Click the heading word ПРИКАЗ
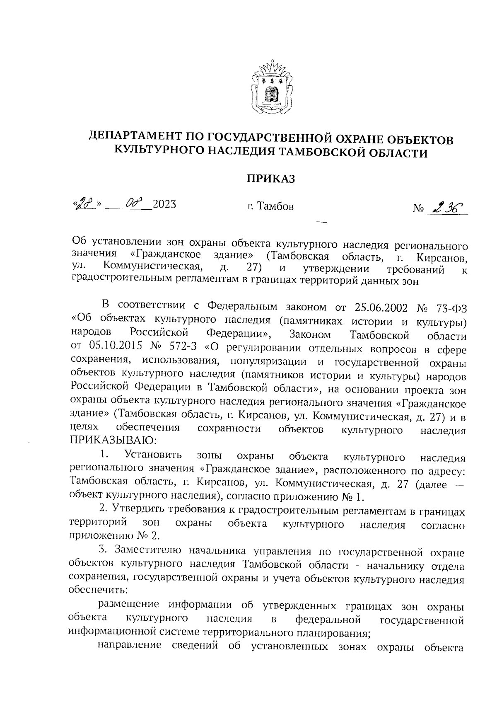pyautogui.click(x=271, y=179)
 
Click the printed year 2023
pyautogui.click(x=164, y=204)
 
